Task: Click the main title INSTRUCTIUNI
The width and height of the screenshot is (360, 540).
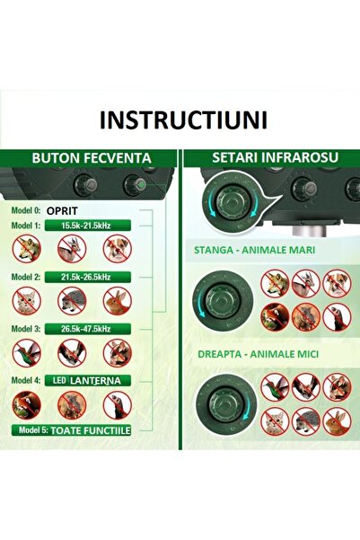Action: pyautogui.click(x=180, y=120)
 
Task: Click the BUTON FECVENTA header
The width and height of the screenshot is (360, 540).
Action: pyautogui.click(x=91, y=158)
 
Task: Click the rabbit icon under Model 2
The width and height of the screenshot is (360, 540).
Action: pyautogui.click(x=118, y=300)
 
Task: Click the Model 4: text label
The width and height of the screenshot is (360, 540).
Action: pyautogui.click(x=27, y=381)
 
